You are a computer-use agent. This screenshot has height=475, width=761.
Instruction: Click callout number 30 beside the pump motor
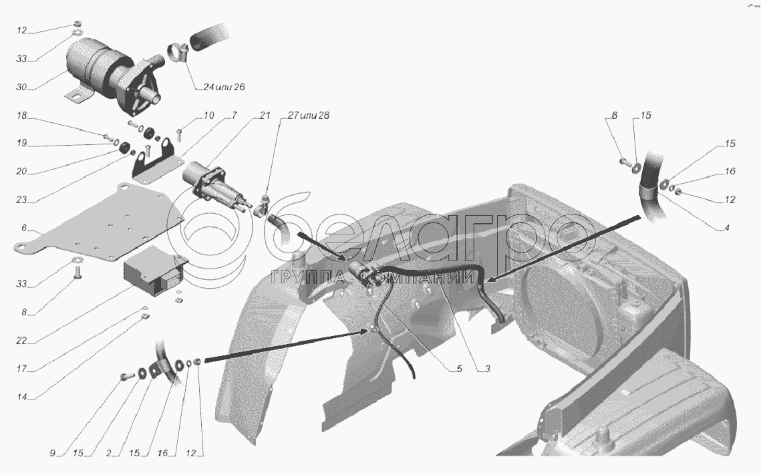22,86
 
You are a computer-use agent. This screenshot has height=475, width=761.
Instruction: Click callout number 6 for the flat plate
24,228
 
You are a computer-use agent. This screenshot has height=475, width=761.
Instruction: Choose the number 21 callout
265,116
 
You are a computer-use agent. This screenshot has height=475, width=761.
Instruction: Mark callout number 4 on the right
726,228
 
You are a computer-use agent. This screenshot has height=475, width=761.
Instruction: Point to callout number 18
22,116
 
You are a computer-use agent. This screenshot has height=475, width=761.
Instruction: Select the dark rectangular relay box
150,274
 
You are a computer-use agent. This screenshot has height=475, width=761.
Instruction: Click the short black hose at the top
210,37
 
